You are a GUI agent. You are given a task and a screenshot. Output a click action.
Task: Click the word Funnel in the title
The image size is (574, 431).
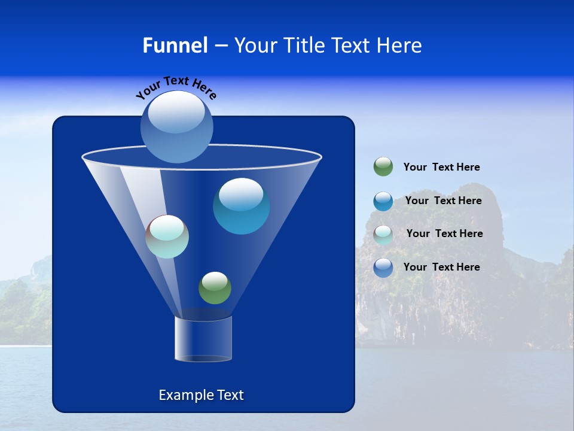click(x=175, y=45)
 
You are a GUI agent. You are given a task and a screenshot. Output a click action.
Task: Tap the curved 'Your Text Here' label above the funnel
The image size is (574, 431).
click(x=176, y=87)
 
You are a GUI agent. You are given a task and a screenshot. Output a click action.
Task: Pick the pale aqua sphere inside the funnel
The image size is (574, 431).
click(x=167, y=237)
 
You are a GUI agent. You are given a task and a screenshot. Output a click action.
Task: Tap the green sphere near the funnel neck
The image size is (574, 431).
click(x=215, y=288)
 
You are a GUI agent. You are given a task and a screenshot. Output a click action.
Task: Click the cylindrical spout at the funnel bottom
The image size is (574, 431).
click(x=203, y=339)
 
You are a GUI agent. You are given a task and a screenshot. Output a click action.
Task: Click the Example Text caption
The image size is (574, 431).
click(x=201, y=395)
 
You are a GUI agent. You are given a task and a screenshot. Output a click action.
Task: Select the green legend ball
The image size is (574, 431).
click(x=383, y=167)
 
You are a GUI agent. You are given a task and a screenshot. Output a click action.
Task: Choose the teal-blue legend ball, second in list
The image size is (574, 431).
click(x=383, y=201)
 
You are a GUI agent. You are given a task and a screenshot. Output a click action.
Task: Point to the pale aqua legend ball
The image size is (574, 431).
click(x=383, y=234)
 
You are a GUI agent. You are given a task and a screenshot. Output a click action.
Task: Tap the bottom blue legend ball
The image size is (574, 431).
click(x=383, y=267)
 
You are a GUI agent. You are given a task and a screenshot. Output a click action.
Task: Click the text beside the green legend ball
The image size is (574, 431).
click(x=441, y=167)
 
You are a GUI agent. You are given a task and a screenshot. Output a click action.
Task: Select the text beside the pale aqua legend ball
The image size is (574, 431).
click(x=444, y=233)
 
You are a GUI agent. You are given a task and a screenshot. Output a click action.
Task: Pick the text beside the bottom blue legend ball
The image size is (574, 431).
click(x=441, y=267)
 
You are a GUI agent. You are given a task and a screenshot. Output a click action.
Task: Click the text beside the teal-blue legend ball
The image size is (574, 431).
click(x=443, y=201)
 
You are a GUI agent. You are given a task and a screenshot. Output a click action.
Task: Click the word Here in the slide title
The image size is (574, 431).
click(x=401, y=45)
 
